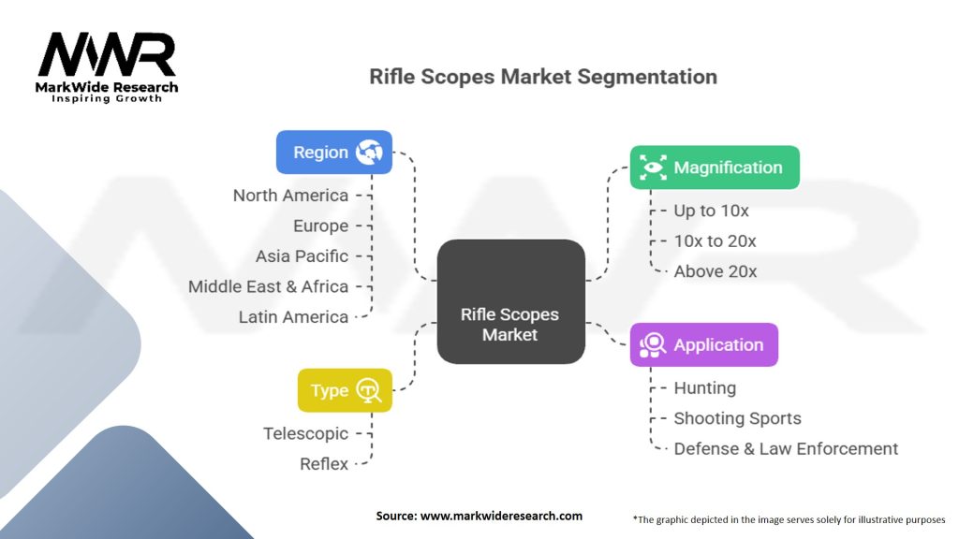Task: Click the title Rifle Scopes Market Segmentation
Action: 543,77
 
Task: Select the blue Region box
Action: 333,152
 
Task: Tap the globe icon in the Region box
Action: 369,153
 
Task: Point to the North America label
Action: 290,196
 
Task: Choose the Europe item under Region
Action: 319,226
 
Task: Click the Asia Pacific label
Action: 302,256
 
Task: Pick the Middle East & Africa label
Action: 268,286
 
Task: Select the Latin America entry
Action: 293,317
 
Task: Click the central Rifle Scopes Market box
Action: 510,301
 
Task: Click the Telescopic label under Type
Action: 305,433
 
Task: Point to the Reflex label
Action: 324,463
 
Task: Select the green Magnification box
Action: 714,168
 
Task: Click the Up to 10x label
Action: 711,211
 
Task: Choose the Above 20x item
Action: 715,271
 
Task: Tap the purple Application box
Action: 703,344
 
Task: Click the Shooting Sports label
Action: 737,418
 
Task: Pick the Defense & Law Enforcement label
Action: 786,449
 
